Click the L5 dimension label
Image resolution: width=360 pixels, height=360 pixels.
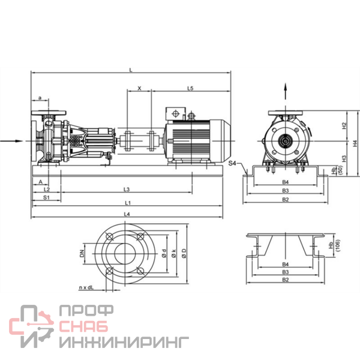[x=190, y=88]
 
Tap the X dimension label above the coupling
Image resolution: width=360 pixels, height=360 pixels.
[x=139, y=88]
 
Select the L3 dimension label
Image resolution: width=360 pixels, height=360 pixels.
[x=127, y=189]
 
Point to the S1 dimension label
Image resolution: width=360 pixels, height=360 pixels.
[x=46, y=197]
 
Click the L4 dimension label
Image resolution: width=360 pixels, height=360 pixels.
[x=127, y=214]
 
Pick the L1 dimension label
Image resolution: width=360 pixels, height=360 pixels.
[x=128, y=203]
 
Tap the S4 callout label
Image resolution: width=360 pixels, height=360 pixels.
[x=232, y=163]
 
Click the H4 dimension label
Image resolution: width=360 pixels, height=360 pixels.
[x=355, y=143]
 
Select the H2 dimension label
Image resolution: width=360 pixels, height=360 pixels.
[x=344, y=125]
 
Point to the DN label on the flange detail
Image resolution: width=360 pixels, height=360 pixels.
[x=82, y=253]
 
